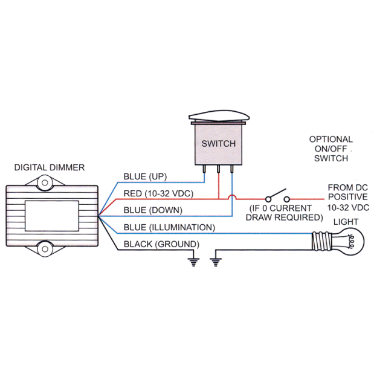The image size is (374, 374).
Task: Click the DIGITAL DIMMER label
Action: pos(50,167)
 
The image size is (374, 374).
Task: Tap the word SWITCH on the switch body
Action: pos(219,144)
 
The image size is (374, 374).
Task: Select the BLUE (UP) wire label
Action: pos(145,177)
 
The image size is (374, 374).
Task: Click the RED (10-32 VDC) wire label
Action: pos(158,193)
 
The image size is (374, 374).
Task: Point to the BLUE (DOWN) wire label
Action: pos(153,210)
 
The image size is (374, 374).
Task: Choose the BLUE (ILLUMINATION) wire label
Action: pos(169,227)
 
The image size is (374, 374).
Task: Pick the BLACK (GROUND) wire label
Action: pos(161,244)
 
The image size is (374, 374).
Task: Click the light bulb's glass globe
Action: pos(349,242)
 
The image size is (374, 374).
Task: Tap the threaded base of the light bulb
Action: pos(321,242)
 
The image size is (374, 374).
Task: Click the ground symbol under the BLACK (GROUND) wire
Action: pos(193,262)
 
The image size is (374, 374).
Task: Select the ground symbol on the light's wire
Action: pos(216,262)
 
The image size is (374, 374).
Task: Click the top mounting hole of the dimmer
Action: pos(45,183)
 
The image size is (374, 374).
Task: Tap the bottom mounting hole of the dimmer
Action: pos(45,249)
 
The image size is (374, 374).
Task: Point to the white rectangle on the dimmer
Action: pos(52,216)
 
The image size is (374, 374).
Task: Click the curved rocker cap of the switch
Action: pos(219,116)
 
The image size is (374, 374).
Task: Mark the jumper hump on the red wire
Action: pos(233,196)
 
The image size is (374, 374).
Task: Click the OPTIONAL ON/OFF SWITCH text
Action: pos(331,149)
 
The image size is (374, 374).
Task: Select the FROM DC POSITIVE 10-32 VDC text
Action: pos(348,198)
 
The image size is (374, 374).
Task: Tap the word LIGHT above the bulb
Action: pos(346,222)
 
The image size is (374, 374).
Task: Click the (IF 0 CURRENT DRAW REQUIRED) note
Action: pos(284,213)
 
